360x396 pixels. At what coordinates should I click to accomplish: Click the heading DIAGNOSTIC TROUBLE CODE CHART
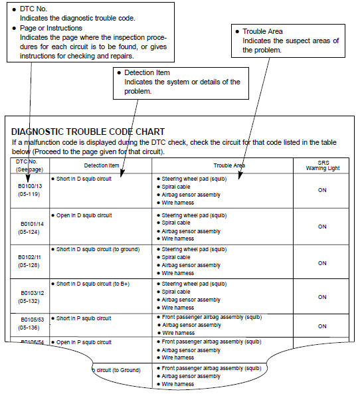88,132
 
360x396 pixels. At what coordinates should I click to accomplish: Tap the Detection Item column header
101,165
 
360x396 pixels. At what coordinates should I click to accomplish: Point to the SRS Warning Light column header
322,165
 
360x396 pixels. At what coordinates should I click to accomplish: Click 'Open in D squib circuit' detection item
84,215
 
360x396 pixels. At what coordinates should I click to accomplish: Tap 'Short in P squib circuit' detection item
84,318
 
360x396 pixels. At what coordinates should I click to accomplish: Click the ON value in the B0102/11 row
322,262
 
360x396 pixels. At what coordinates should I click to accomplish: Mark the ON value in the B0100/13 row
322,191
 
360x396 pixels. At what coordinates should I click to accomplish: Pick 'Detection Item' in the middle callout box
147,72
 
